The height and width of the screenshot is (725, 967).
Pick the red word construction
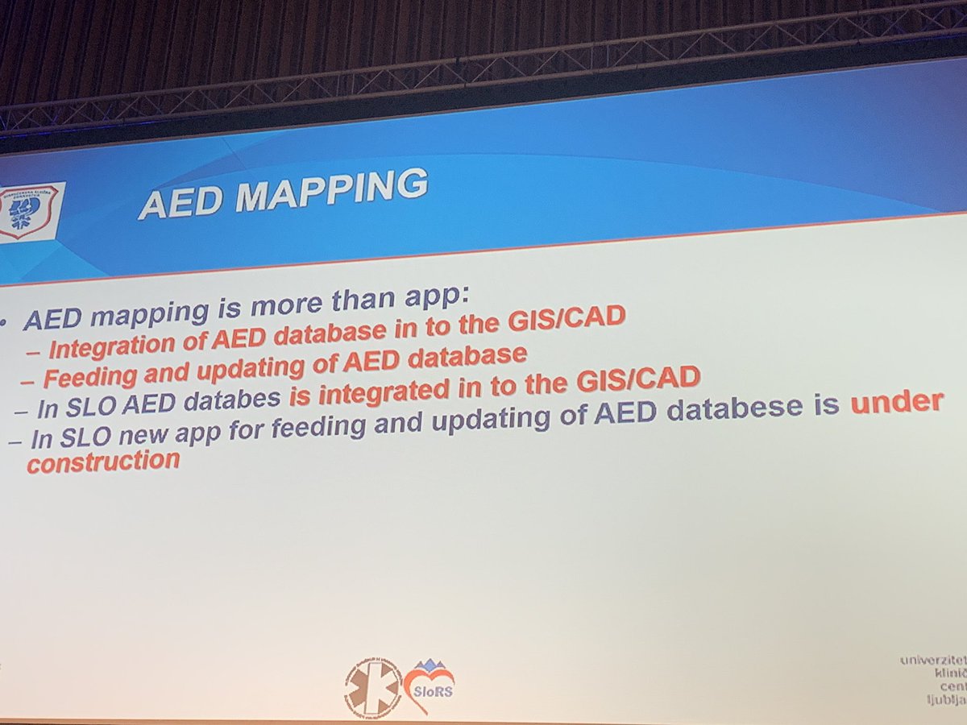102,462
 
